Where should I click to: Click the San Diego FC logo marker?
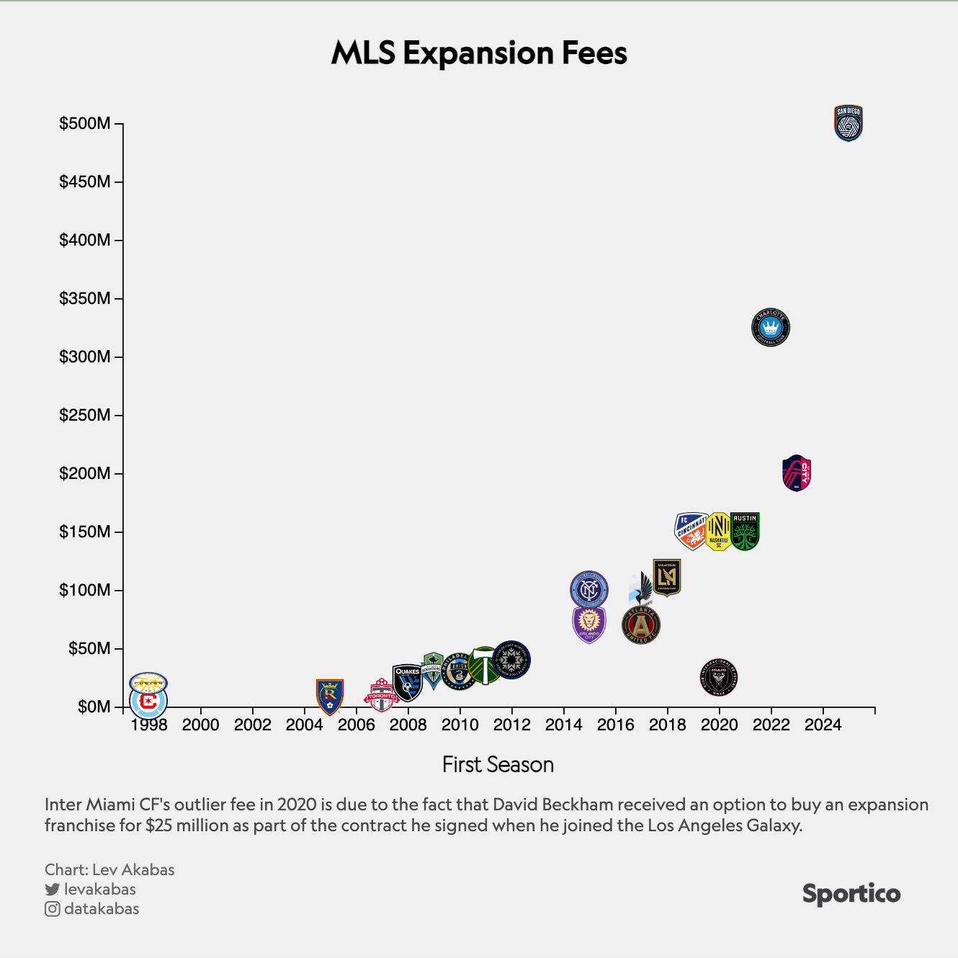[848, 123]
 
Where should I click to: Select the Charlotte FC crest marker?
[770, 328]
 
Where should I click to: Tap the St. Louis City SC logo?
[797, 473]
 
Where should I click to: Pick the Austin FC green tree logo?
[746, 532]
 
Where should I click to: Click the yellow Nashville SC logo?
[718, 532]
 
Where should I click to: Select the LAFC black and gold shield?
[667, 577]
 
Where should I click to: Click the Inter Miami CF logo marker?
[719, 677]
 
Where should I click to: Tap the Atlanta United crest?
[640, 625]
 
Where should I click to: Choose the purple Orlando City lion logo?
[589, 625]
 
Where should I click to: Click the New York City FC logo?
[589, 590]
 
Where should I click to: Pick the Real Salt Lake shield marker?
[330, 697]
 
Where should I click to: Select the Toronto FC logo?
[381, 696]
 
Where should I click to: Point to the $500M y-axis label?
[85, 124]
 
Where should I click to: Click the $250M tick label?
[85, 416]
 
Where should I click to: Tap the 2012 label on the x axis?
[511, 725]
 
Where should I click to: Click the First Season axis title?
[498, 764]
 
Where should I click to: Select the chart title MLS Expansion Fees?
[479, 53]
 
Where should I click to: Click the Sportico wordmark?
[851, 894]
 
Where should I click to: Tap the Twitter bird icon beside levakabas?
[52, 890]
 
